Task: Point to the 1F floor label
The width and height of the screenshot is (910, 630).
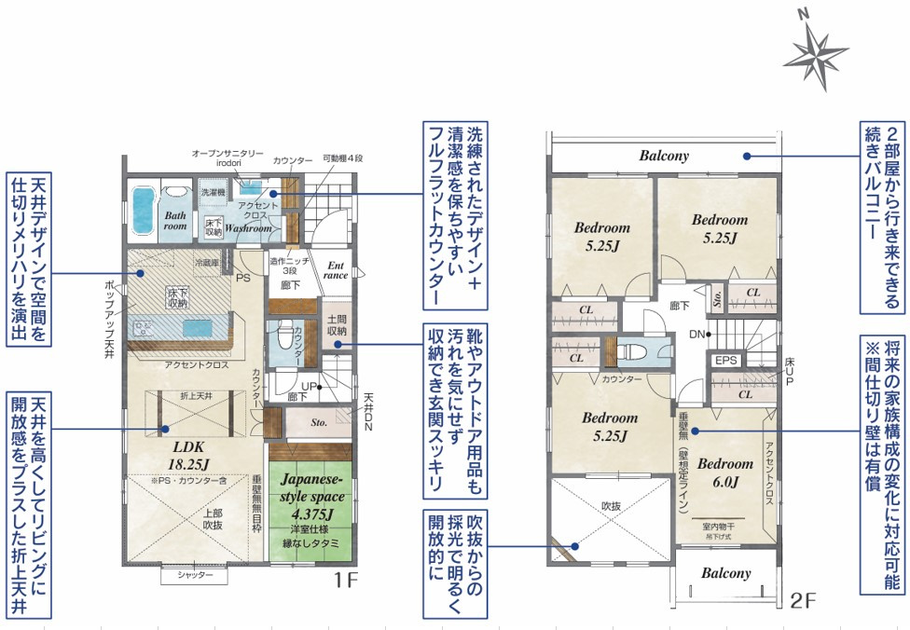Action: tap(346, 581)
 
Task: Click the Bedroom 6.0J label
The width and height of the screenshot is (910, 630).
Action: tap(724, 472)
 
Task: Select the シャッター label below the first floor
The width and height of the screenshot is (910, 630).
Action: tap(194, 576)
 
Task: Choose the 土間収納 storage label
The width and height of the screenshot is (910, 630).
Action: tap(337, 325)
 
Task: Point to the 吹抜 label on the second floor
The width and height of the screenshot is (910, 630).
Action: tap(611, 505)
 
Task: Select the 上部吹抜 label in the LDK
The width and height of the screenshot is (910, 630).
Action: tap(213, 518)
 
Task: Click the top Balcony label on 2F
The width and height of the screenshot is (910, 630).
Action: tap(664, 156)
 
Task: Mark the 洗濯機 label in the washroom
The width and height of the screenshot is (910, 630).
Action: tap(214, 191)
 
